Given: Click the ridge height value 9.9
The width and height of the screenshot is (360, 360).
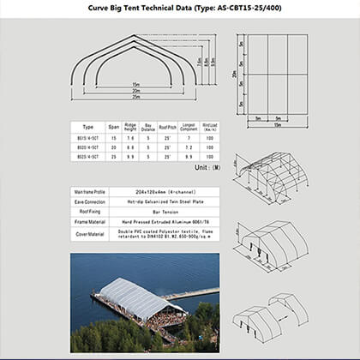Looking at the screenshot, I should tap(129, 159).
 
